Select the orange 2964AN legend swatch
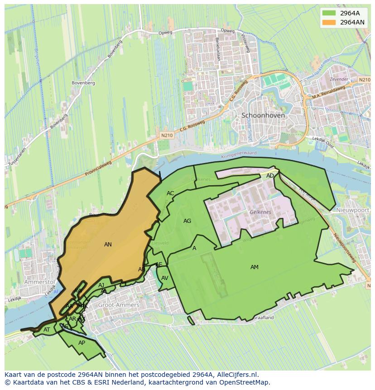click(x=329, y=22)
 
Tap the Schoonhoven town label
click(x=263, y=116)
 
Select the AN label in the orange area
click(x=108, y=245)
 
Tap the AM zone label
click(x=255, y=267)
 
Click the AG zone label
click(x=187, y=221)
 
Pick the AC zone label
click(x=170, y=193)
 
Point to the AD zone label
click(x=270, y=176)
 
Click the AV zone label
click(x=165, y=278)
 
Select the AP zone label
click(x=82, y=343)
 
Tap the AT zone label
click(x=47, y=330)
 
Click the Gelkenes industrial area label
click(x=260, y=212)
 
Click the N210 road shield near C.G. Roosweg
click(x=166, y=135)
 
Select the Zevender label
click(x=339, y=79)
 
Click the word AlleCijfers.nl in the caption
click(x=236, y=375)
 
